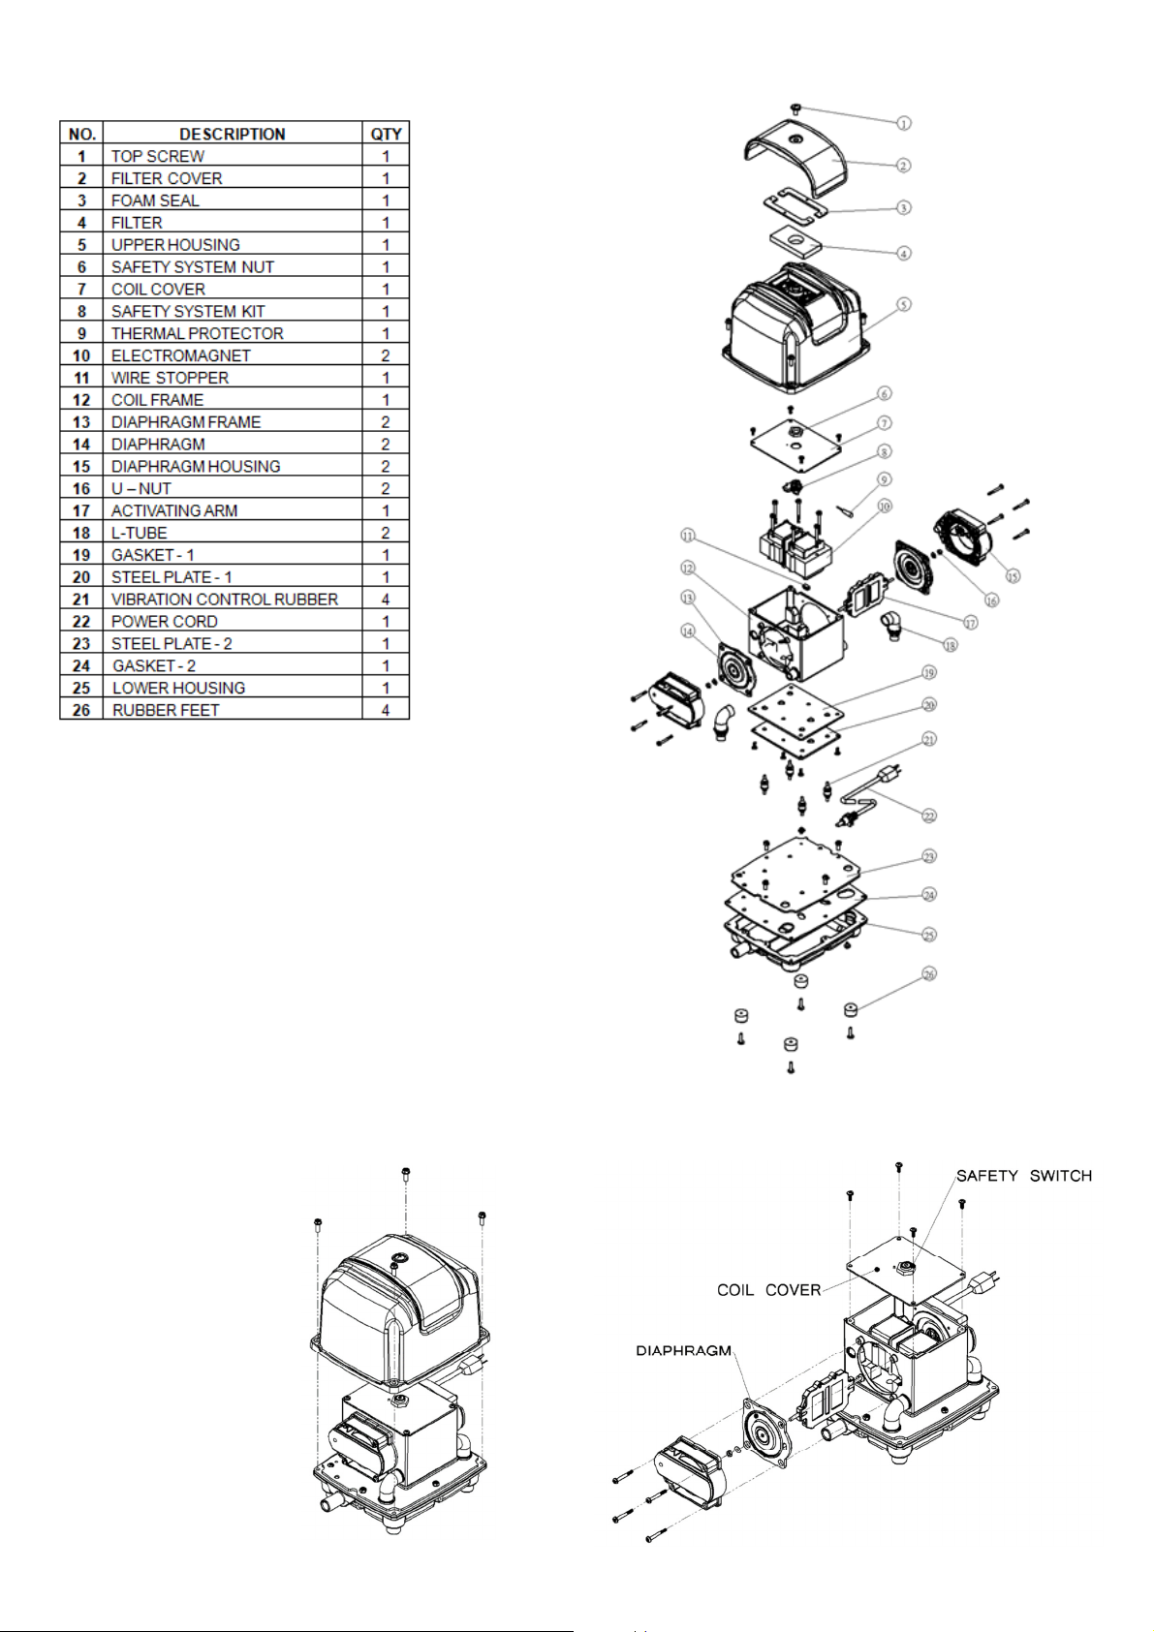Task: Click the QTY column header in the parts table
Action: click(x=386, y=134)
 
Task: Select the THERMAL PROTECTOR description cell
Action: click(x=198, y=333)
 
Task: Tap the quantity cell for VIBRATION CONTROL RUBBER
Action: click(x=386, y=600)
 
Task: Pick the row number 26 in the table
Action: click(x=81, y=710)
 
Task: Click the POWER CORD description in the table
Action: click(x=165, y=622)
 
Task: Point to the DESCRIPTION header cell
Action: click(x=233, y=134)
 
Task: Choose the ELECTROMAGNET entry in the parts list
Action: click(x=181, y=355)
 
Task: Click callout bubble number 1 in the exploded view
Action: click(x=903, y=123)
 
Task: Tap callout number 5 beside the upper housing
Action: click(x=903, y=304)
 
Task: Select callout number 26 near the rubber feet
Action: click(x=929, y=974)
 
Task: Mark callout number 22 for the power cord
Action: click(x=929, y=816)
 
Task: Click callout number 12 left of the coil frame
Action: click(x=688, y=568)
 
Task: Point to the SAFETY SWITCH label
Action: click(x=1024, y=1176)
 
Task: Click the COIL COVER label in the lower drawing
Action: click(x=768, y=1290)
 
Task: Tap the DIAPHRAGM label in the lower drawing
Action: click(x=683, y=1351)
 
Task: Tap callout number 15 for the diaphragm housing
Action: click(x=1013, y=575)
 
